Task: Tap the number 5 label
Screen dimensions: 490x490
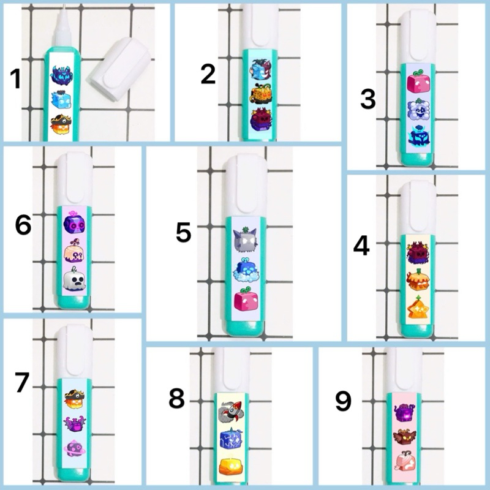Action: point(183,233)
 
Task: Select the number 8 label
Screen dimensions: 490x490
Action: point(176,399)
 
